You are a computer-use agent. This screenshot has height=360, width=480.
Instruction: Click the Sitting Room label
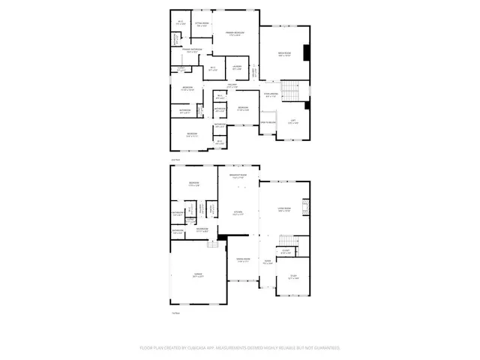200,25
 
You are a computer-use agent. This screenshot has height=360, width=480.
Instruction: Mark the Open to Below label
268,121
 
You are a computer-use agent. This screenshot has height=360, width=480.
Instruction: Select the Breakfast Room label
238,177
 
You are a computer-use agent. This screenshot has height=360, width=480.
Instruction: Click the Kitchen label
238,213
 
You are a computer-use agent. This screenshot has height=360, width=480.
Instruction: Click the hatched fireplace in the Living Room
305,207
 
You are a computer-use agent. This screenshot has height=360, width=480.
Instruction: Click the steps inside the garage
212,243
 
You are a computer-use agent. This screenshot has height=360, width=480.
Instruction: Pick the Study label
293,277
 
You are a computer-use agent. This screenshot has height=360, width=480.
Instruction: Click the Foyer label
268,262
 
